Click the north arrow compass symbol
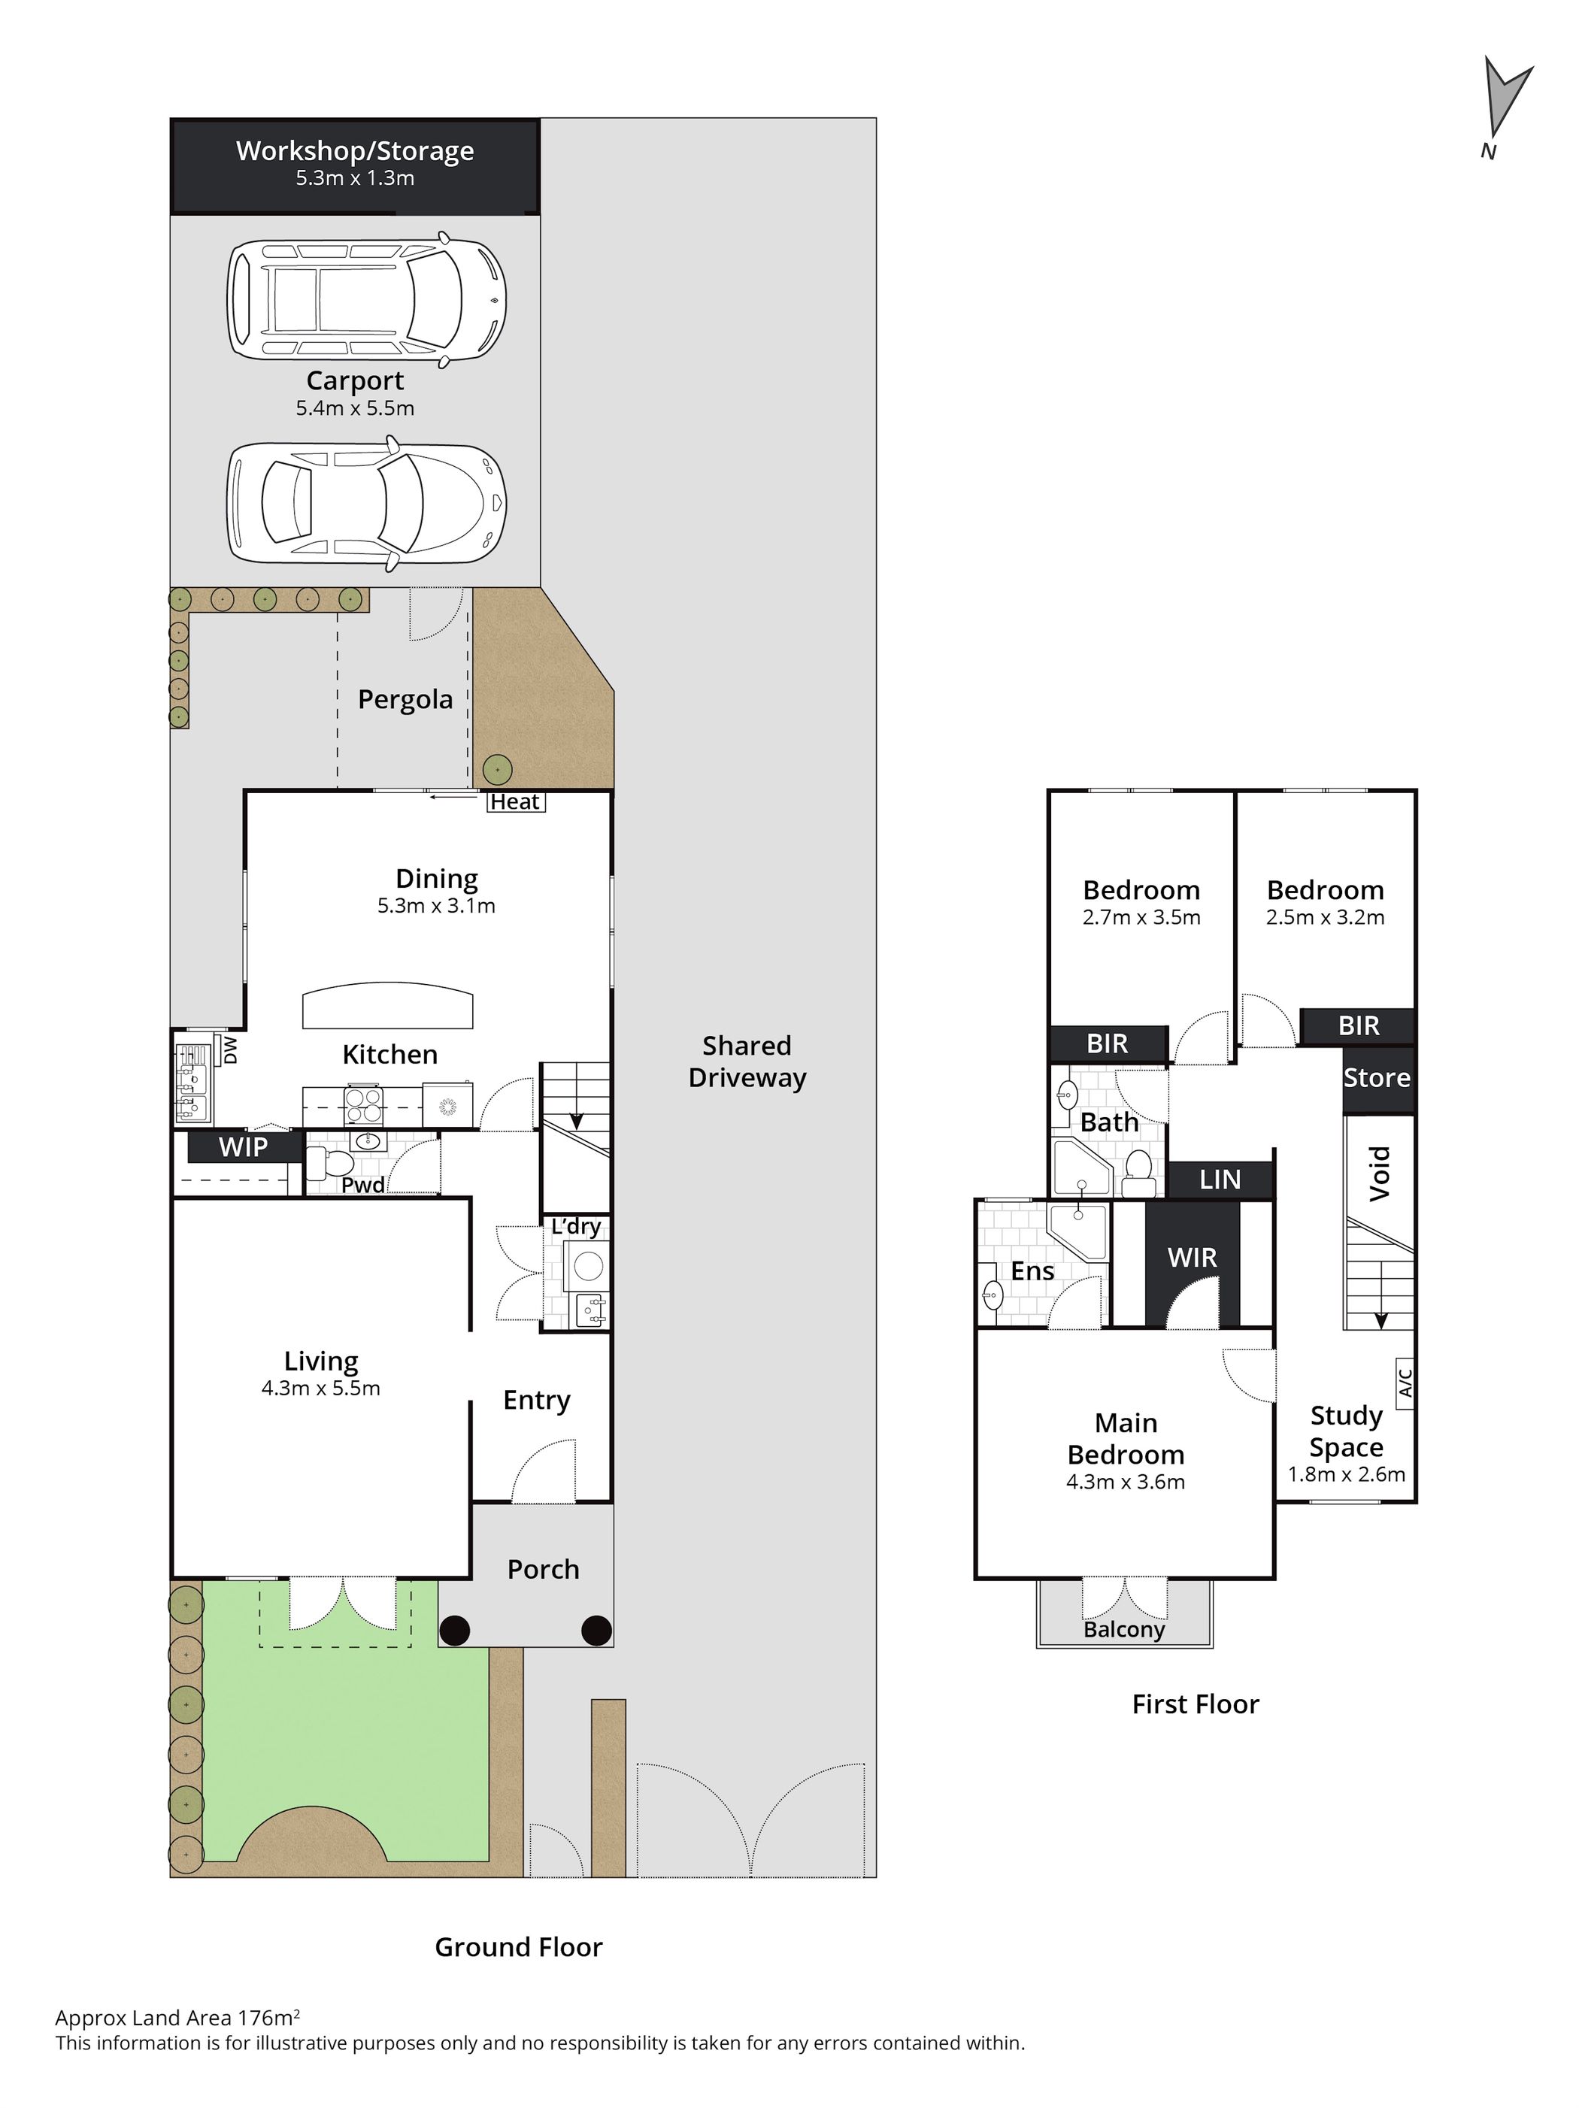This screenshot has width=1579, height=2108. (x=1505, y=104)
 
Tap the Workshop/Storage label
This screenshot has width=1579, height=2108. (x=354, y=150)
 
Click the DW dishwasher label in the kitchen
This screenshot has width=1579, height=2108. (x=229, y=1050)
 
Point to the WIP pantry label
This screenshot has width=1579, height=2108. (x=243, y=1146)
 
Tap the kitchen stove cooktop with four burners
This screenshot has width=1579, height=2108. (x=363, y=1107)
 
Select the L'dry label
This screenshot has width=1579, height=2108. (x=575, y=1226)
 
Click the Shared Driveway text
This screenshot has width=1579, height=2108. (x=747, y=1062)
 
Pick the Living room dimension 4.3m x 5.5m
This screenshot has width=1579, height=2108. (x=320, y=1389)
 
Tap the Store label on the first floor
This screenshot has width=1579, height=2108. (x=1376, y=1078)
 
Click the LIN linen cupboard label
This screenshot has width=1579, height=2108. (x=1220, y=1180)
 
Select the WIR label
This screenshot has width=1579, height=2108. (x=1192, y=1258)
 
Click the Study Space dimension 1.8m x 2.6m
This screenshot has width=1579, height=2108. (x=1347, y=1474)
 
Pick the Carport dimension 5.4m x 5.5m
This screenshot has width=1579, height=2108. (x=354, y=408)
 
